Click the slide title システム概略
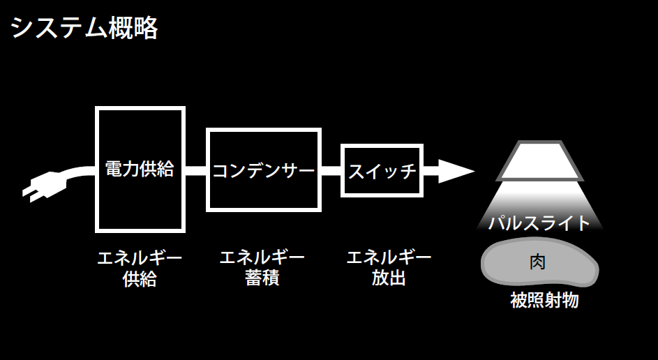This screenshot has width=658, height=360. tap(84, 28)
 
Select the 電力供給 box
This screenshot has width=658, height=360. tap(140, 169)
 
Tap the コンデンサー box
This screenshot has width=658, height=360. tap(263, 170)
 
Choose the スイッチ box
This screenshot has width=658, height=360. tap(382, 170)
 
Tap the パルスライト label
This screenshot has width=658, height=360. tap(539, 223)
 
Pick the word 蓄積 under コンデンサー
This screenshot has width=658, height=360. tap(262, 278)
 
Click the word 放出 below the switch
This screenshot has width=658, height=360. tap(389, 278)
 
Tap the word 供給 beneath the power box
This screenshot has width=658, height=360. tap(140, 279)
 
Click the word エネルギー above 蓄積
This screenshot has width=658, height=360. tap(262, 257)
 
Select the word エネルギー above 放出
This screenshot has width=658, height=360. tap(389, 257)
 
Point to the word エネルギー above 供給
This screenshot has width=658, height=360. tap(140, 258)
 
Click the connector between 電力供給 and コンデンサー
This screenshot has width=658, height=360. tap(196, 170)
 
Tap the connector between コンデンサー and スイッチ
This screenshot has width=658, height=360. tap(331, 170)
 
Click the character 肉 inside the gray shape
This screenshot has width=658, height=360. tap(538, 264)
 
